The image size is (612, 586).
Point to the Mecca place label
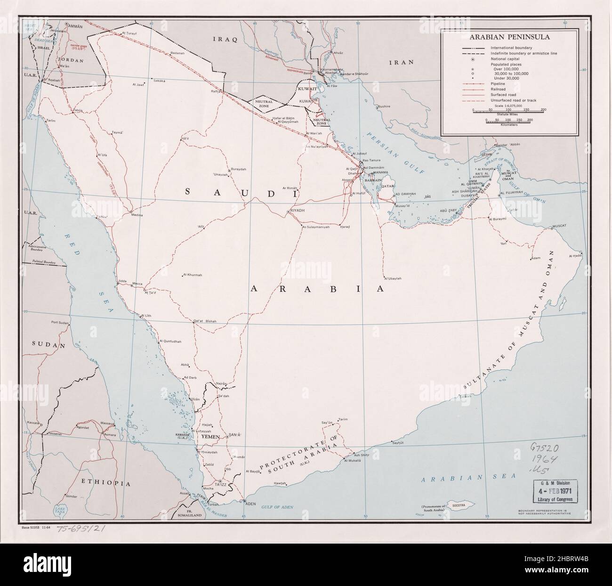pos(137,284)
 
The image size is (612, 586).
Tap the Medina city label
pos(137,215)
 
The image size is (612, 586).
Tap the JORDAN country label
pos(71,60)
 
